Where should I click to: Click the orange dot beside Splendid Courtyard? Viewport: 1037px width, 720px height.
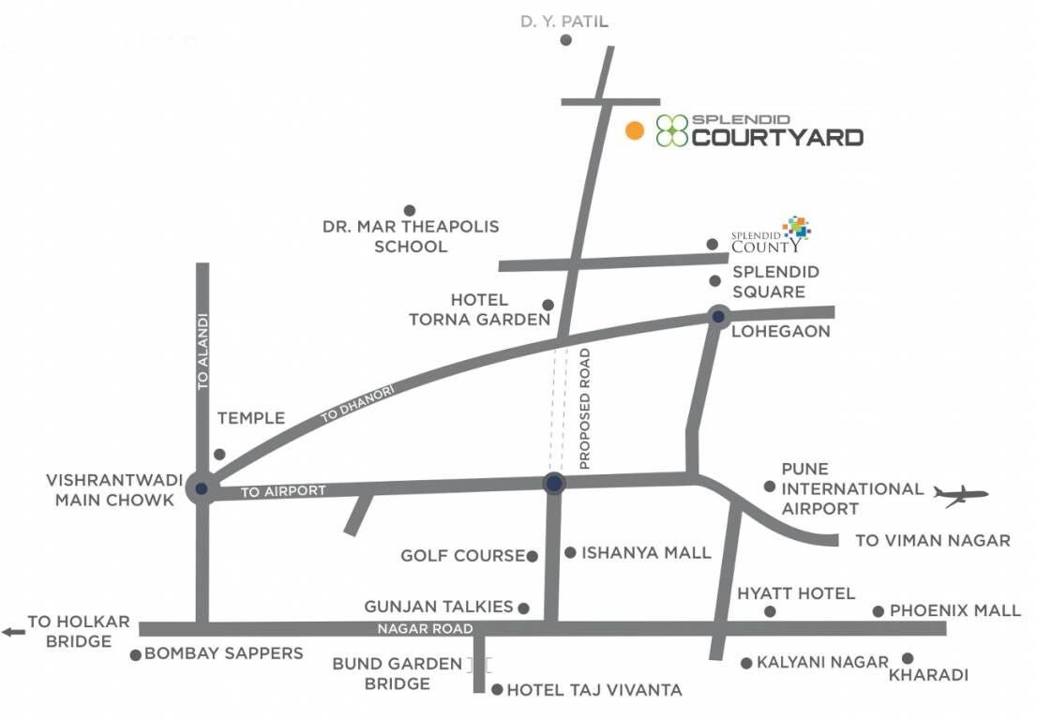[635, 131]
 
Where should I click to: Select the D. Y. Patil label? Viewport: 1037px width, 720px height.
[565, 20]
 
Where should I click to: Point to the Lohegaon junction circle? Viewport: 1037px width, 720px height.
[718, 317]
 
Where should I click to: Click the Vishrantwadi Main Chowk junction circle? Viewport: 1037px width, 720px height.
[201, 487]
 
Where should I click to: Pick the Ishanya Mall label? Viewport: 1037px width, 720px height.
[646, 552]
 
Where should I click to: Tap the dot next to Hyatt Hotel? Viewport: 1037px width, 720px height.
[770, 611]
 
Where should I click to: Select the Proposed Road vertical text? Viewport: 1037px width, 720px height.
[585, 408]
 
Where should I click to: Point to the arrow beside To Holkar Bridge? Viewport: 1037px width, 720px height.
[13, 632]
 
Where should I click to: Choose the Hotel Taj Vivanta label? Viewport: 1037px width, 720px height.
[594, 691]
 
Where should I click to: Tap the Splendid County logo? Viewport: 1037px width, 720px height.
[771, 235]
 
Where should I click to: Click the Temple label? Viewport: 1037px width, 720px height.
[250, 418]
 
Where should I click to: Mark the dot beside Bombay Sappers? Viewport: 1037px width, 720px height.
[136, 655]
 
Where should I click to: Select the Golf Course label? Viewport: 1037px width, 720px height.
[462, 556]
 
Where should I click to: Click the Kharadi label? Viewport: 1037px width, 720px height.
[928, 675]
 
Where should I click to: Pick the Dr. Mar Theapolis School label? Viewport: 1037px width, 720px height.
[411, 236]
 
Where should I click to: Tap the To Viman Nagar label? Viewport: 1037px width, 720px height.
[933, 540]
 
